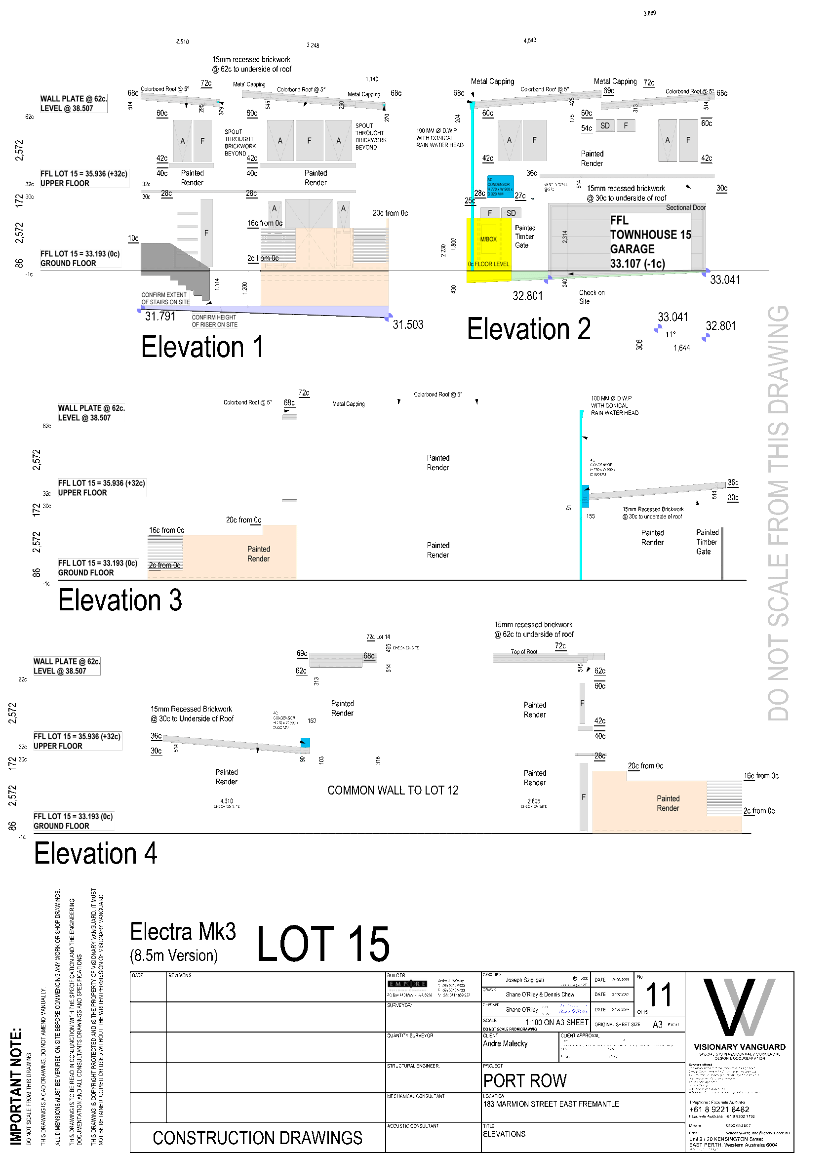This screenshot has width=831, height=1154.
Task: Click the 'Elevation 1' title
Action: pyautogui.click(x=202, y=347)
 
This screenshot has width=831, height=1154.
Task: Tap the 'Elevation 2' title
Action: pyautogui.click(x=529, y=329)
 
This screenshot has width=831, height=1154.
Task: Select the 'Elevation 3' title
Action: pyautogui.click(x=120, y=600)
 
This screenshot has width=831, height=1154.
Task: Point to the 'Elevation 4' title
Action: pyautogui.click(x=96, y=853)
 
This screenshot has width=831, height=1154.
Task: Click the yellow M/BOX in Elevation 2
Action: pyautogui.click(x=488, y=239)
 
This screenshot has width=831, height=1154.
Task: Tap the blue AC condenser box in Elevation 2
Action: pyautogui.click(x=500, y=186)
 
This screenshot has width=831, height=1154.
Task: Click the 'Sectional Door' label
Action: pyautogui.click(x=685, y=207)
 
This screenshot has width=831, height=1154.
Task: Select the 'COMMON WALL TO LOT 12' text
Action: pyautogui.click(x=393, y=790)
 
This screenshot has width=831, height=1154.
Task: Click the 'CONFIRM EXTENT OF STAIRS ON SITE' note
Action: pyautogui.click(x=165, y=298)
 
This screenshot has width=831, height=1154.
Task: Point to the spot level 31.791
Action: pyautogui.click(x=160, y=317)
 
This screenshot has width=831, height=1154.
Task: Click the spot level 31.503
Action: pyautogui.click(x=408, y=324)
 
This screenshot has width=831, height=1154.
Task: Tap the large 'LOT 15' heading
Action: pyautogui.click(x=323, y=945)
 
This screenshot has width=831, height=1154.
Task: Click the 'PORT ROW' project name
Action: pyautogui.click(x=525, y=1080)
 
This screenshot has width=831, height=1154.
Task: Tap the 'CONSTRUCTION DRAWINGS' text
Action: pyautogui.click(x=257, y=1138)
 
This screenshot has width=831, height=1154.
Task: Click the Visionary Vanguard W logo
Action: pyautogui.click(x=739, y=1007)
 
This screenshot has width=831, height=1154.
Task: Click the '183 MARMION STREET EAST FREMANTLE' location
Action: pyautogui.click(x=551, y=1104)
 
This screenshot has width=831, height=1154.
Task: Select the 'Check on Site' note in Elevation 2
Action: pyautogui.click(x=592, y=297)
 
